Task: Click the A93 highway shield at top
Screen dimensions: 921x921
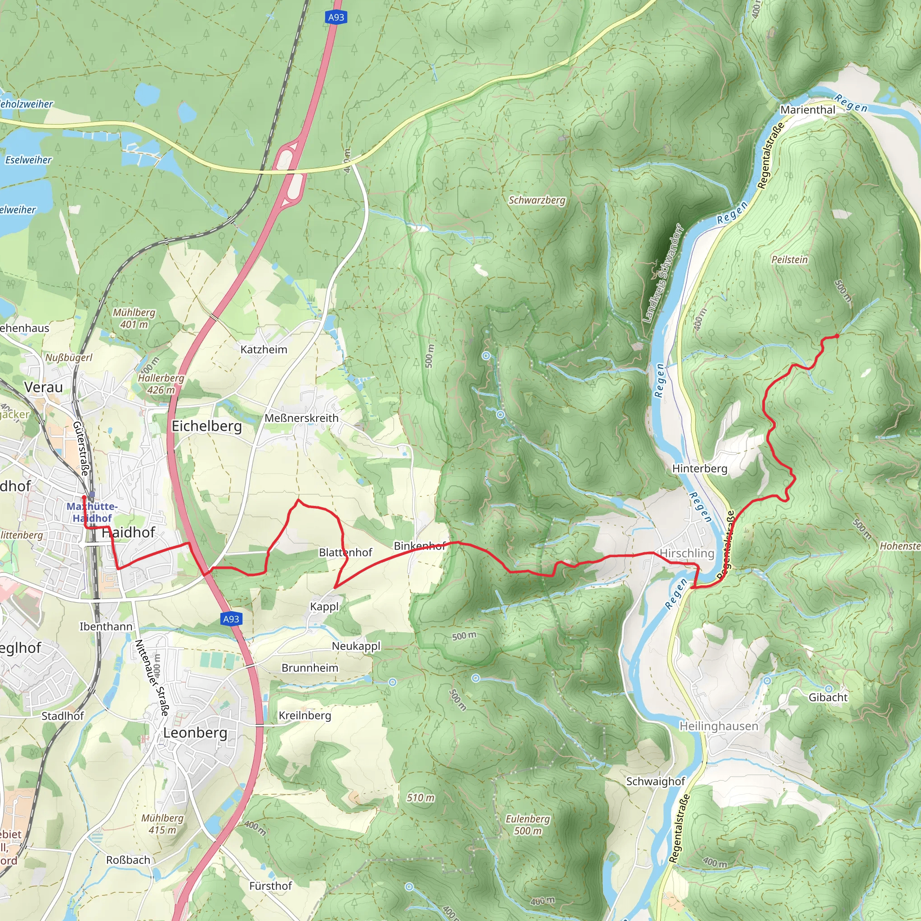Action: (336, 18)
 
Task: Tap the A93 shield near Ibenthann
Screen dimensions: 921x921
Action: (231, 619)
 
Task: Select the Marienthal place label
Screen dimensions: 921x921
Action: (808, 110)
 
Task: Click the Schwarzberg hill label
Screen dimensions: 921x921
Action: (537, 200)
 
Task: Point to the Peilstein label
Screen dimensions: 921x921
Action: (789, 259)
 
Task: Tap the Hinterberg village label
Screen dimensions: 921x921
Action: (699, 469)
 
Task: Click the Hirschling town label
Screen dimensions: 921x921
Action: (687, 553)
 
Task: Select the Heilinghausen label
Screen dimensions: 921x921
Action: (718, 726)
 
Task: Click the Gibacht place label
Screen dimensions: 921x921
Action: (828, 697)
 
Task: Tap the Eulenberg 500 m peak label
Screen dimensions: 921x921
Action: (528, 825)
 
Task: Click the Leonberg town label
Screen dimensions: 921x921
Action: (195, 733)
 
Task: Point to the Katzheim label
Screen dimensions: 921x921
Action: (264, 349)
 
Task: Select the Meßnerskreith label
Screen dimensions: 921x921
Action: (301, 418)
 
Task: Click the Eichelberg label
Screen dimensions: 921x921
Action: (206, 426)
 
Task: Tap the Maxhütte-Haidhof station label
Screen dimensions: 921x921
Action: (92, 512)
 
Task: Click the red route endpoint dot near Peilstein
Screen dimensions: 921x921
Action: (836, 336)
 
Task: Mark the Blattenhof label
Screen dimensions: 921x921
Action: (345, 553)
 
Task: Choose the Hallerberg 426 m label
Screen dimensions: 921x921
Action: (161, 384)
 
